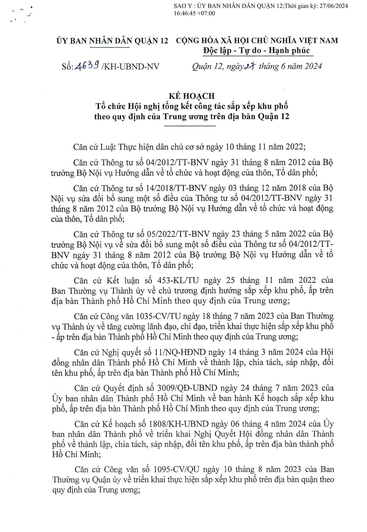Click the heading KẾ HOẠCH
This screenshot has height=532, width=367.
pos(192,96)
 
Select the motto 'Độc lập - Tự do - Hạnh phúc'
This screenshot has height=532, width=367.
pos(256,51)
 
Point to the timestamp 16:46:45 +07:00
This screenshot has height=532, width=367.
pos(194,13)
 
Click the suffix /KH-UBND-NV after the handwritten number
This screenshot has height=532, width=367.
pos(131,66)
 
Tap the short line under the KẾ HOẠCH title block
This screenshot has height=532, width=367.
pos(190,126)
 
